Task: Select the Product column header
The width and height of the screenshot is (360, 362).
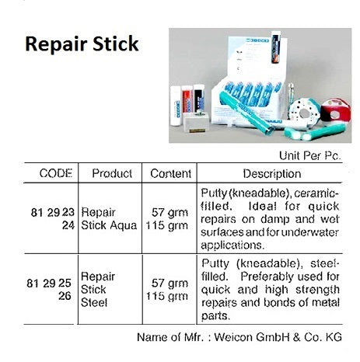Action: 112,173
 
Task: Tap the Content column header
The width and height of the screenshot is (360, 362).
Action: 166,173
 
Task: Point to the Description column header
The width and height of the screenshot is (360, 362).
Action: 271,173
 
